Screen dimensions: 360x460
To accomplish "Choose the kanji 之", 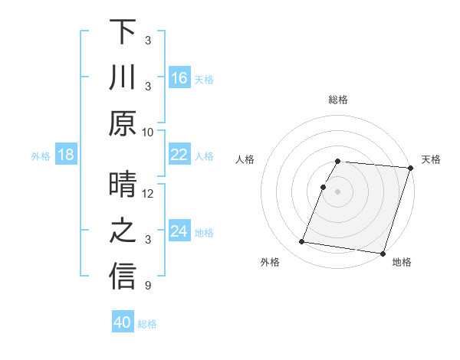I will (123, 231).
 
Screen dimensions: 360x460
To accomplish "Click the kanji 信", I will (123, 277).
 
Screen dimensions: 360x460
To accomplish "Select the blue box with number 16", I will (179, 77).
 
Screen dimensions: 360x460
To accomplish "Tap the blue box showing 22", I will (179, 155).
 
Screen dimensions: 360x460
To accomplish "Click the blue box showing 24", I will (179, 231).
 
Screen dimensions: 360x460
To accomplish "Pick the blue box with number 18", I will (66, 155).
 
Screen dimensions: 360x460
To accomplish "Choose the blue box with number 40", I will (123, 322).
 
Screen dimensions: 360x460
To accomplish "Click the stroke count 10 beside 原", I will (148, 132).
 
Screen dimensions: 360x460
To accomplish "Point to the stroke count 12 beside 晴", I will (148, 194).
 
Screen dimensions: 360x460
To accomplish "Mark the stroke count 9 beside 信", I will (148, 286).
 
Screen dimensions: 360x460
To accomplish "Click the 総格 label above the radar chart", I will (338, 100).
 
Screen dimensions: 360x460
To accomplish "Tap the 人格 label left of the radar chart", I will (245, 159).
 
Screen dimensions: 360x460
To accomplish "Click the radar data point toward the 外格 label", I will (301, 242).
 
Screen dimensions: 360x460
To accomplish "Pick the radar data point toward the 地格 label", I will (382, 253).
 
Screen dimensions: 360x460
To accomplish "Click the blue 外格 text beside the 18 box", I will (41, 155).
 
